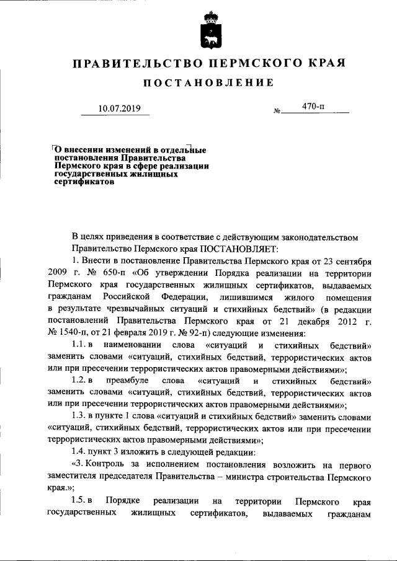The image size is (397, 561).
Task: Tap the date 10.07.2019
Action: (120, 110)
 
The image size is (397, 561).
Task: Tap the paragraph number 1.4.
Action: (78, 451)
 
